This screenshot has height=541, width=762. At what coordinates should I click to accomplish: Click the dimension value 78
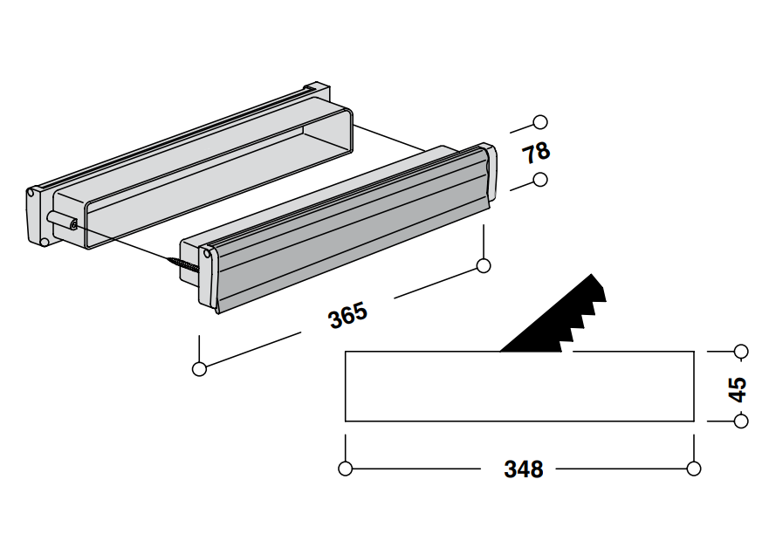536,152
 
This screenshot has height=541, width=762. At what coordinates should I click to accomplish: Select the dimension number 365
347,315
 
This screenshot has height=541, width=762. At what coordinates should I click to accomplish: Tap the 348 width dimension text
523,469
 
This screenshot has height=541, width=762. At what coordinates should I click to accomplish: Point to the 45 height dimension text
738,388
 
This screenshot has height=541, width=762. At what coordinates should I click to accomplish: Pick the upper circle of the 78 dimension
540,122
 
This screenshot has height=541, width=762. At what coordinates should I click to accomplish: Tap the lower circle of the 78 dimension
540,180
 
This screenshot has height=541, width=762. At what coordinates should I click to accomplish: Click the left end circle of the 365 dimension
199,369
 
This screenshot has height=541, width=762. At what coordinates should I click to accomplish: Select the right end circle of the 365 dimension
484,265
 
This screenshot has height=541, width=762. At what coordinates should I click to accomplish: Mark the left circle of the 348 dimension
346,469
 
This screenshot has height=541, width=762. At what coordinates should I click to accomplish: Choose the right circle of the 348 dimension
694,469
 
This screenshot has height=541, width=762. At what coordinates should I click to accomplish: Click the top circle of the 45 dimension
741,351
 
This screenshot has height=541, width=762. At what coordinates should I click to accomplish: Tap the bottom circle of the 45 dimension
741,421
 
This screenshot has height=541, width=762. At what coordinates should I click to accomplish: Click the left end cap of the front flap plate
208,277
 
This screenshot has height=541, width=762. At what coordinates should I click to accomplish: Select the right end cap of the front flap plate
490,175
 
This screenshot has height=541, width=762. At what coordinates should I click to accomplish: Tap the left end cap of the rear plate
37,216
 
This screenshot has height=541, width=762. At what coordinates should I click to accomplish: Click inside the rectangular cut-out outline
519,387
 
